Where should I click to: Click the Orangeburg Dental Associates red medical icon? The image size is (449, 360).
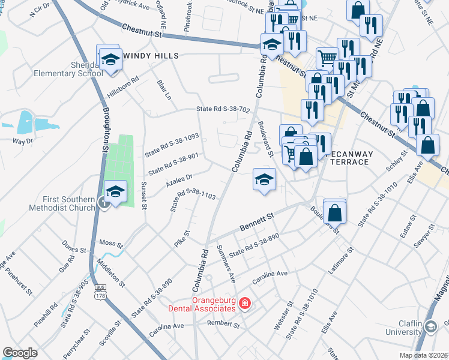[x=244, y=304]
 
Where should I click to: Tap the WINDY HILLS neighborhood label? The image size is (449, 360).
[x=151, y=56]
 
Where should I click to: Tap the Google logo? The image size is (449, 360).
[x=20, y=353]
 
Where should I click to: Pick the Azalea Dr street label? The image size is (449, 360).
[x=179, y=179]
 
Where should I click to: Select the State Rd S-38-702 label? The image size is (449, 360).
[x=223, y=109]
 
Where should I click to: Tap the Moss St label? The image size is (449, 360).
[x=110, y=245]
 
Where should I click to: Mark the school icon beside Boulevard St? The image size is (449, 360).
[x=264, y=179]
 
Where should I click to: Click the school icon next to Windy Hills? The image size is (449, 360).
[x=110, y=59]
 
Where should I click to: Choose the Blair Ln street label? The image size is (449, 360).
[x=164, y=89]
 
